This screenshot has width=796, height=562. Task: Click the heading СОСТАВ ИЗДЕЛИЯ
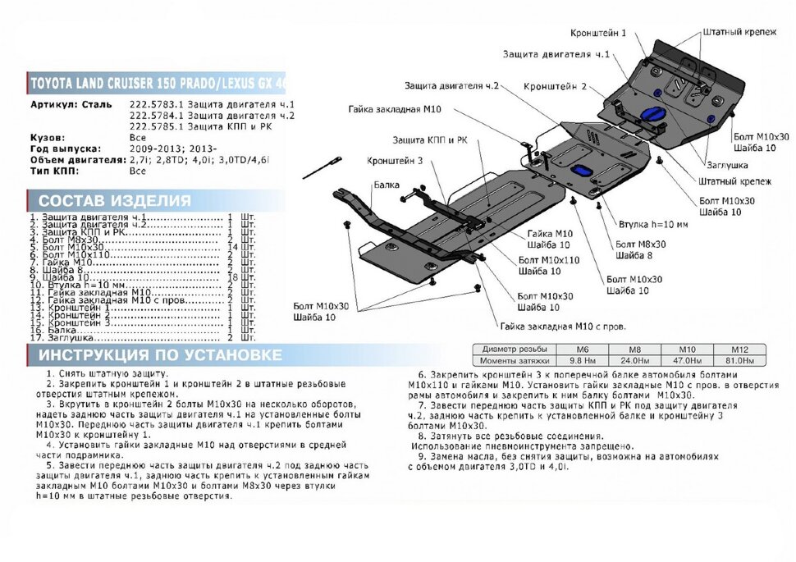(115, 201)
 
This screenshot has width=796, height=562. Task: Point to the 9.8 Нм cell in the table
(583, 360)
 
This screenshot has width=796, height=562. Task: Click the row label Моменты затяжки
(514, 360)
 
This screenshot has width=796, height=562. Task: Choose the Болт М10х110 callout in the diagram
(549, 260)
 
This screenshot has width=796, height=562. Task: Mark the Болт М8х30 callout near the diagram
(640, 244)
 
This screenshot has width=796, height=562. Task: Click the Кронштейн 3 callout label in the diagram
(396, 161)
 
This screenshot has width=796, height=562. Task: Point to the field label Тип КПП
(53, 171)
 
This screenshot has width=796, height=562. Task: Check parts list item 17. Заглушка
(66, 337)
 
